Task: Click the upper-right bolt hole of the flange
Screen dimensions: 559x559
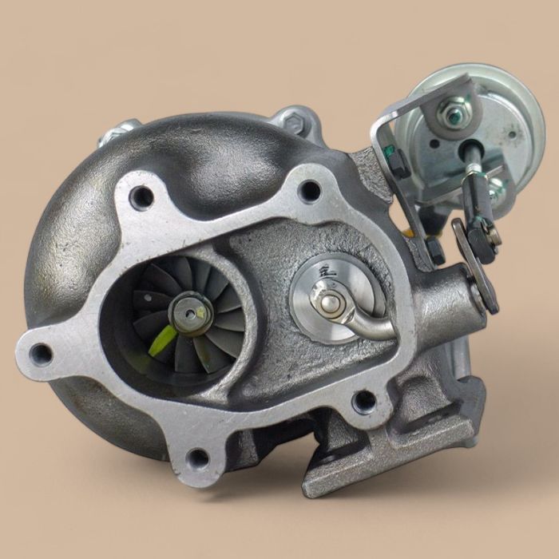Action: pyautogui.click(x=310, y=190)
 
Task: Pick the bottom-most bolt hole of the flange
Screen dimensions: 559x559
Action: pyautogui.click(x=195, y=458)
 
